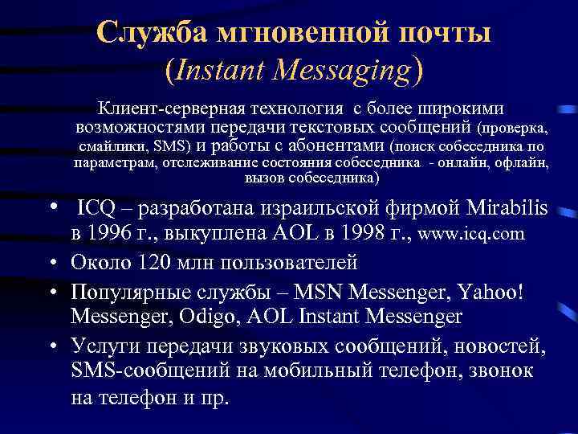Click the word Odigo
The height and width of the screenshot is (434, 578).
point(222,316)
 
